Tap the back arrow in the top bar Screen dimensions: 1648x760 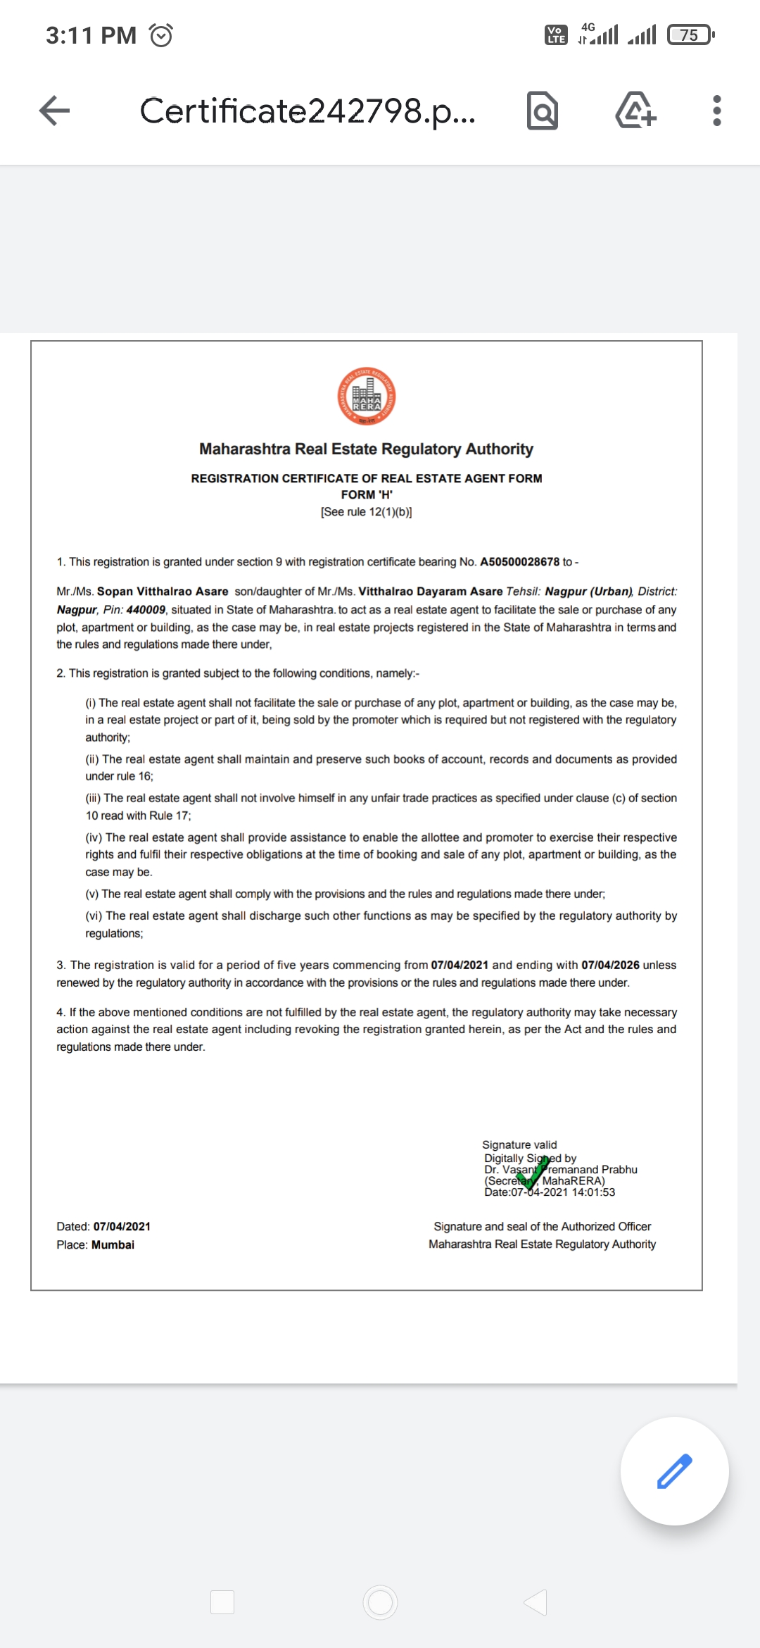coord(54,111)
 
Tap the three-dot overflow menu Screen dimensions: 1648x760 coord(716,111)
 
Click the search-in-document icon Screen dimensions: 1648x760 coord(543,111)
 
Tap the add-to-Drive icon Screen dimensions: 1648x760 coord(635,111)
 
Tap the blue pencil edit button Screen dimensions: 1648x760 coord(674,1471)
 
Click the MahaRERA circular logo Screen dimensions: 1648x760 coord(366,397)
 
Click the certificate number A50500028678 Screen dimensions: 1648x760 coord(519,562)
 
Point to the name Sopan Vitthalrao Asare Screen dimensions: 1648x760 coord(163,592)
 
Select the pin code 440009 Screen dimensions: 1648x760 coord(146,610)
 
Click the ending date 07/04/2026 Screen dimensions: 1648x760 coord(610,965)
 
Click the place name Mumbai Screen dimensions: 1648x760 coord(113,1244)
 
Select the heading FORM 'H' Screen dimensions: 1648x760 coord(367,494)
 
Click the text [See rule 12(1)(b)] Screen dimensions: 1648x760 coord(367,512)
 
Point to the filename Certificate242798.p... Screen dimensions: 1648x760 coord(308,111)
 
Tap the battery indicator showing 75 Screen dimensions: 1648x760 coord(690,35)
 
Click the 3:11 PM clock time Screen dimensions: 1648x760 coord(91,35)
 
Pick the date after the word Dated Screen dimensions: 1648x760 coord(122,1226)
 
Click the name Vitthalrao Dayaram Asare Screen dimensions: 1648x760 coord(431,592)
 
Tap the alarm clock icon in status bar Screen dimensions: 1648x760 coord(161,35)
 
